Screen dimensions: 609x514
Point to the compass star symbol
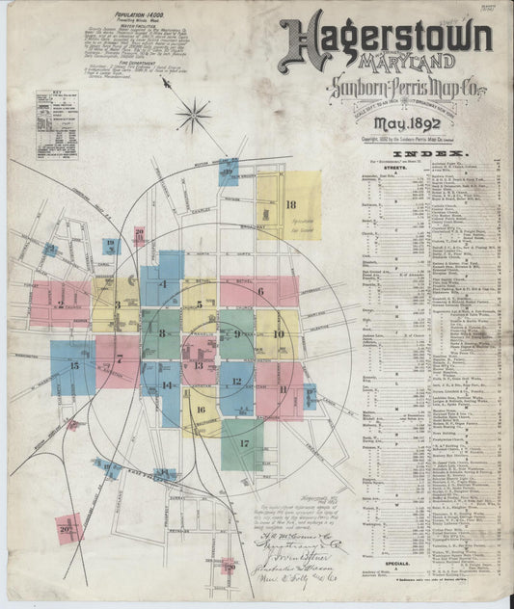pos(193,117)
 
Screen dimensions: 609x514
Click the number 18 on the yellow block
pos(290,204)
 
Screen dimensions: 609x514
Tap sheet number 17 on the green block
pos(244,444)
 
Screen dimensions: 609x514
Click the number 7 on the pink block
pos(121,359)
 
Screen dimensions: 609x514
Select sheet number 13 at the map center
pos(199,366)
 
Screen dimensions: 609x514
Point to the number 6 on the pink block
pos(260,290)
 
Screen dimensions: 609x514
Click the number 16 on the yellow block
pos(201,409)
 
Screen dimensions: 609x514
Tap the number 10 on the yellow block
pos(278,334)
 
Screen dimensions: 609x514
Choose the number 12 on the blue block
pos(236,382)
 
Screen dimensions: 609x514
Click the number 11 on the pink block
pos(284,389)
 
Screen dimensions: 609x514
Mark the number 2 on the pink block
pos(60,303)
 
